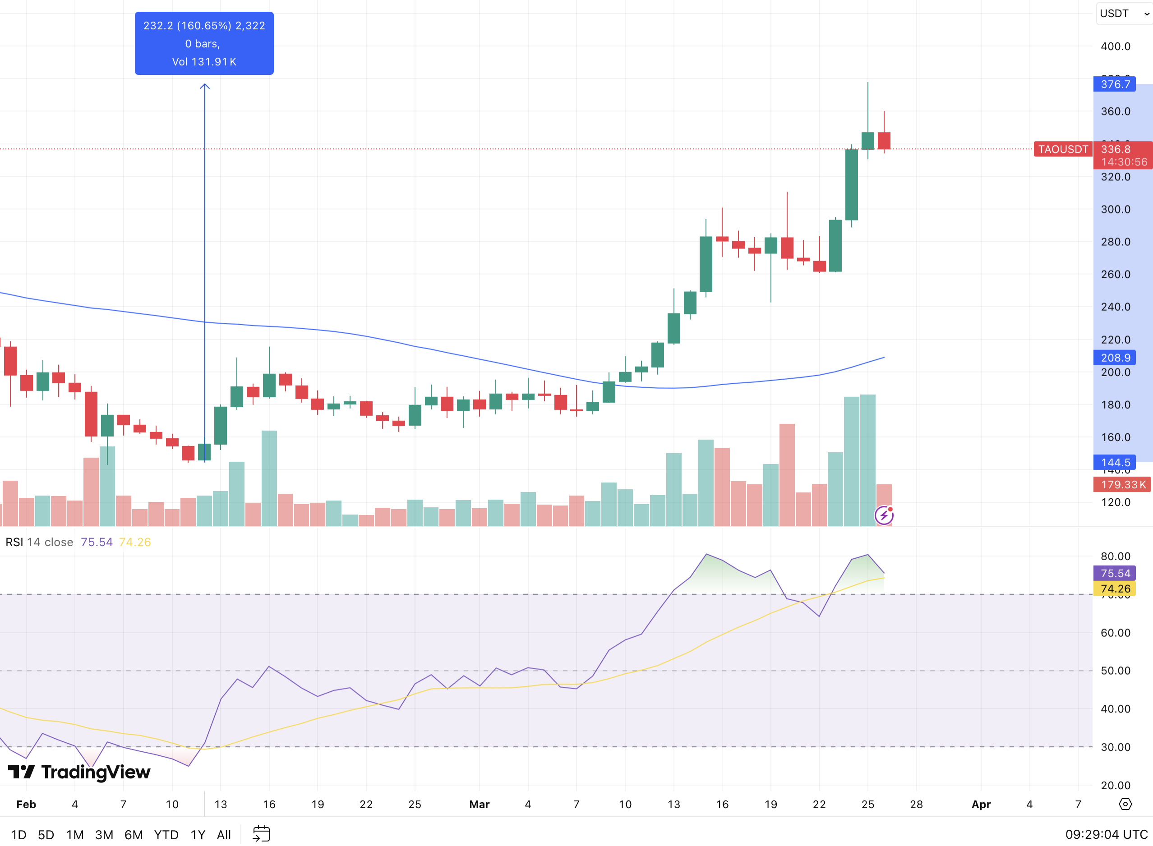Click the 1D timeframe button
pos(18,835)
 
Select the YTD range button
pos(166,835)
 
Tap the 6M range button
pos(134,835)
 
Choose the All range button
pos(224,835)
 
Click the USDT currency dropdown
pos(1124,14)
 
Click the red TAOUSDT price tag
pos(1063,149)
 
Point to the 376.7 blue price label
pos(1115,84)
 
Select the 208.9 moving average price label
pos(1115,358)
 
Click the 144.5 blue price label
pos(1115,462)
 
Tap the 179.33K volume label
pos(1122,484)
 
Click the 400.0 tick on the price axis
pos(1116,46)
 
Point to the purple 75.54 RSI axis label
pos(1115,573)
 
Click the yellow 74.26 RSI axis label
pos(1115,589)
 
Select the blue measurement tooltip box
pos(204,44)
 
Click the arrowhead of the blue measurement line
pos(205,86)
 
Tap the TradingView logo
pos(79,772)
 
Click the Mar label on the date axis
pos(480,805)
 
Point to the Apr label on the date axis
pos(981,805)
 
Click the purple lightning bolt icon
pos(884,515)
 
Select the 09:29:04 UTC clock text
pos(1107,835)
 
